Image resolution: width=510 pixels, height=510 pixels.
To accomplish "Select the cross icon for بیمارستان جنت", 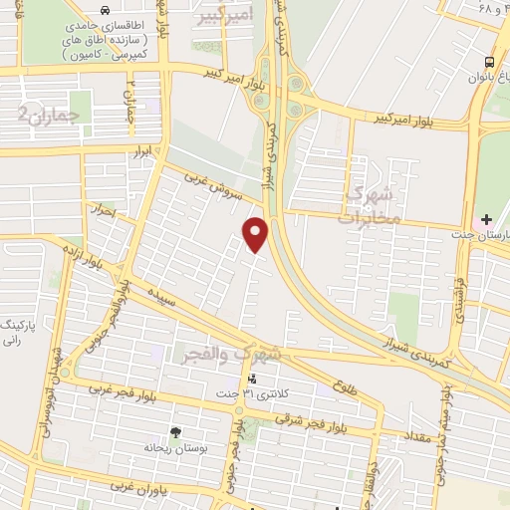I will click(x=486, y=219).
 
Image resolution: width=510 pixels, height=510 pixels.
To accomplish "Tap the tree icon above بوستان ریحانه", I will click(x=176, y=431).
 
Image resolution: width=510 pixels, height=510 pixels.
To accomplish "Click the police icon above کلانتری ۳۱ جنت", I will click(x=251, y=380).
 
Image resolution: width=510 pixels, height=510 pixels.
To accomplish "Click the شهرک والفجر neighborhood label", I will click(x=232, y=354).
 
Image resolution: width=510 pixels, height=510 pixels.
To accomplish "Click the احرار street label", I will click(x=103, y=212).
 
